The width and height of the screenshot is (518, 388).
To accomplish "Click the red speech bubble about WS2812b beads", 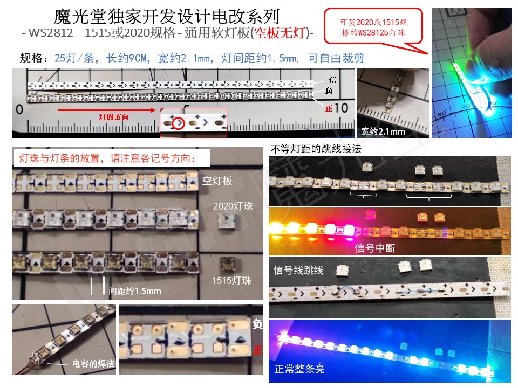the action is pyautogui.click(x=373, y=27).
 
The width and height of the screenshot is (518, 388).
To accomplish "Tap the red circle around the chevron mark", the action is pyautogui.click(x=179, y=123).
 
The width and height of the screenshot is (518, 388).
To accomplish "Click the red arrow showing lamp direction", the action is pyautogui.click(x=106, y=110).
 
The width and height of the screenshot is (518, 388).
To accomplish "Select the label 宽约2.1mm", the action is pyautogui.click(x=383, y=132).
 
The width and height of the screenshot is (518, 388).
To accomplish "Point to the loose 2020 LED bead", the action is pyautogui.click(x=226, y=221).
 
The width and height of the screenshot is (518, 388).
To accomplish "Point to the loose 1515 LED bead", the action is pyautogui.click(x=228, y=264).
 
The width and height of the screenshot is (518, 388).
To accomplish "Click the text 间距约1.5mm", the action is pyautogui.click(x=135, y=291).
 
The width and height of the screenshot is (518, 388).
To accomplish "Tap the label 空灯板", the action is pyautogui.click(x=217, y=181).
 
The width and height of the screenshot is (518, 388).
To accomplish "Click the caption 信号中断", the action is pyautogui.click(x=375, y=248).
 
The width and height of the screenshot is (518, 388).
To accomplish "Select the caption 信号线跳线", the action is pyautogui.click(x=298, y=271).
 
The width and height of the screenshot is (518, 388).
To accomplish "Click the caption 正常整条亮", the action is pyautogui.click(x=299, y=369).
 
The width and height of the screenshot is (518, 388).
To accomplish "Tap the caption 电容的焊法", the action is pyautogui.click(x=93, y=364).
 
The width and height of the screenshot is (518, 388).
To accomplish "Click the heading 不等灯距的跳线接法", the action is pyautogui.click(x=316, y=149).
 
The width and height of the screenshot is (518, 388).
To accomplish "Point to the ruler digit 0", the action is pyautogui.click(x=19, y=109).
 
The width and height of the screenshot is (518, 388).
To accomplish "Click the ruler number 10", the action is pyautogui.click(x=341, y=108).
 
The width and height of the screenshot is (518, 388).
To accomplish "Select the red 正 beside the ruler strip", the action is pyautogui.click(x=329, y=108).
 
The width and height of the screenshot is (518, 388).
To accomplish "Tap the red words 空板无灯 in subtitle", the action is pyautogui.click(x=280, y=33).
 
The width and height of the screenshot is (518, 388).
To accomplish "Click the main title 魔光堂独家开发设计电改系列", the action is pyautogui.click(x=167, y=17).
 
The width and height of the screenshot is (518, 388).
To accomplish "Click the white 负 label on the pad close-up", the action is pyautogui.click(x=257, y=324).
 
